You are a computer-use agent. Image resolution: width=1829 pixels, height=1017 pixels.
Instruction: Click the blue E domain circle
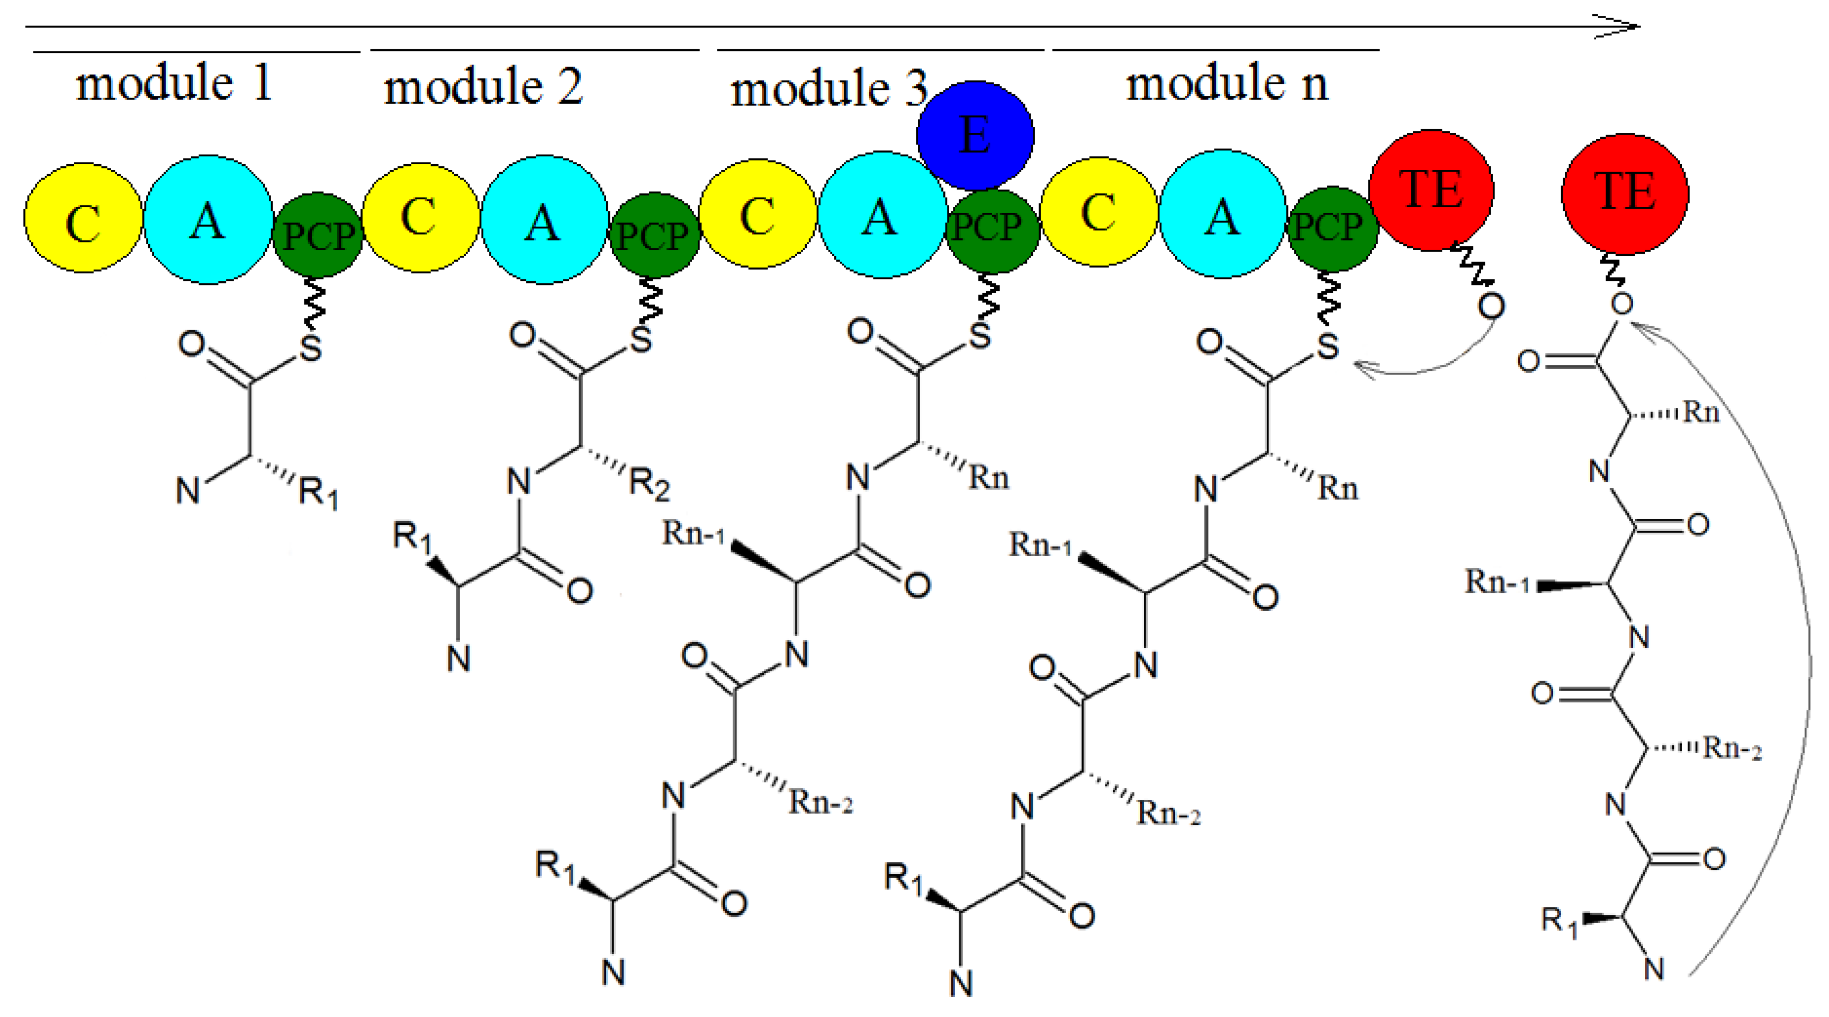[x=975, y=135]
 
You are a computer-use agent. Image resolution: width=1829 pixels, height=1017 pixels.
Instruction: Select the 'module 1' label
[x=174, y=83]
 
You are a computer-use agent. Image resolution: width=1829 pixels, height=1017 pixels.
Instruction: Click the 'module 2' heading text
[x=483, y=87]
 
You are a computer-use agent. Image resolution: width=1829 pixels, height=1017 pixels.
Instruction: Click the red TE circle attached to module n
[x=1431, y=190]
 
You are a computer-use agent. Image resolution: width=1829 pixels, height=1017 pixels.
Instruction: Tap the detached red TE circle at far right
[x=1625, y=193]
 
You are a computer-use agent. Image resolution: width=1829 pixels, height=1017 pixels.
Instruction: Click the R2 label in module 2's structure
[x=649, y=485]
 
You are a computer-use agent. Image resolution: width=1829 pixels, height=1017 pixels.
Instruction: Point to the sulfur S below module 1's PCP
[x=311, y=349]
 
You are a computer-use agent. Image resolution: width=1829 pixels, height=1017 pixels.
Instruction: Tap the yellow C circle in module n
[x=1098, y=212]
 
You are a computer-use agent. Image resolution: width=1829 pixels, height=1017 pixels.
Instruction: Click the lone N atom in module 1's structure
[x=187, y=490]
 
